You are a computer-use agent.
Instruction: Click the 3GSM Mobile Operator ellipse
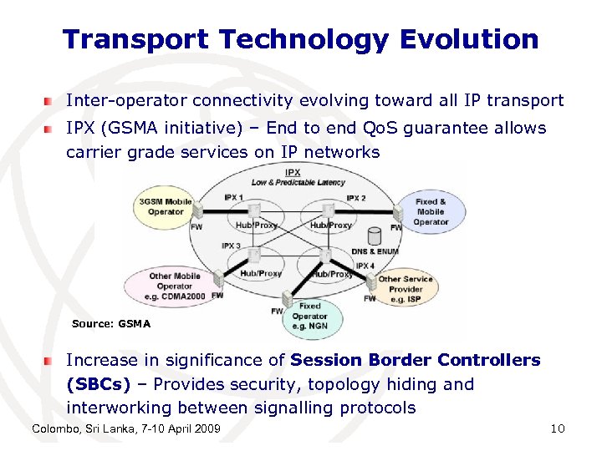165,207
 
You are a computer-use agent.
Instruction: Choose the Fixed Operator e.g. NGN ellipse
310,316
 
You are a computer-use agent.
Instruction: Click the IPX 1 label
232,198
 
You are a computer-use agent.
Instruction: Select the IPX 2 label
355,198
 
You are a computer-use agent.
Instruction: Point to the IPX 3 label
232,246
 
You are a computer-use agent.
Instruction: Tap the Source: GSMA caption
111,324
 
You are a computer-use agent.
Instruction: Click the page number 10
558,428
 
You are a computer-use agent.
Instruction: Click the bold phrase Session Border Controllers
416,360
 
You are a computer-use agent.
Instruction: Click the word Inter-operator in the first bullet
126,101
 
